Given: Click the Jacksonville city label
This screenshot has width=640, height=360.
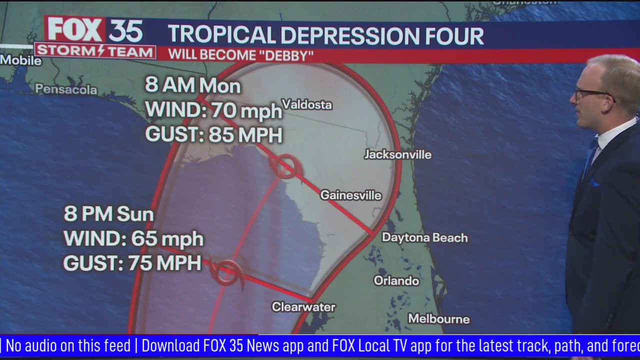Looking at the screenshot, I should pos(397,154).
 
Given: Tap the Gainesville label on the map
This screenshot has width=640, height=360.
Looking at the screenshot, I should pos(350,195).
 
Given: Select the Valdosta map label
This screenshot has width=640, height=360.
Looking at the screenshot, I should pos(307,104).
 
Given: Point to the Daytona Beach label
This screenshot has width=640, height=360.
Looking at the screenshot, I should pos(424,237).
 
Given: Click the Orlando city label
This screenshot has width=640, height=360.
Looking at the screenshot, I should pos(396,280).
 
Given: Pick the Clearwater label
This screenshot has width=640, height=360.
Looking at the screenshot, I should pos(303,306).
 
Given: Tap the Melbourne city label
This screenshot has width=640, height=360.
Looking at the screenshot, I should pos(438,318).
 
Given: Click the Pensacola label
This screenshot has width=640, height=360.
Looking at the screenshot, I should pos(66,89).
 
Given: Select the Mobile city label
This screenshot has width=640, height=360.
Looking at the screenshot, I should pos(20,60).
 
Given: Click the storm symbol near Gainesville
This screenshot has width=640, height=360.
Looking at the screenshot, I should pos(285,165).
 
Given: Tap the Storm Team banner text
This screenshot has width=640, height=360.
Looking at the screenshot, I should pos(95,51).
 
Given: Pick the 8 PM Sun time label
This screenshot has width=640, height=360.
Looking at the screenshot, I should pos(108,214).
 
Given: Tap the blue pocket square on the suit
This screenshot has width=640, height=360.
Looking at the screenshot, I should pos(594,183).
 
